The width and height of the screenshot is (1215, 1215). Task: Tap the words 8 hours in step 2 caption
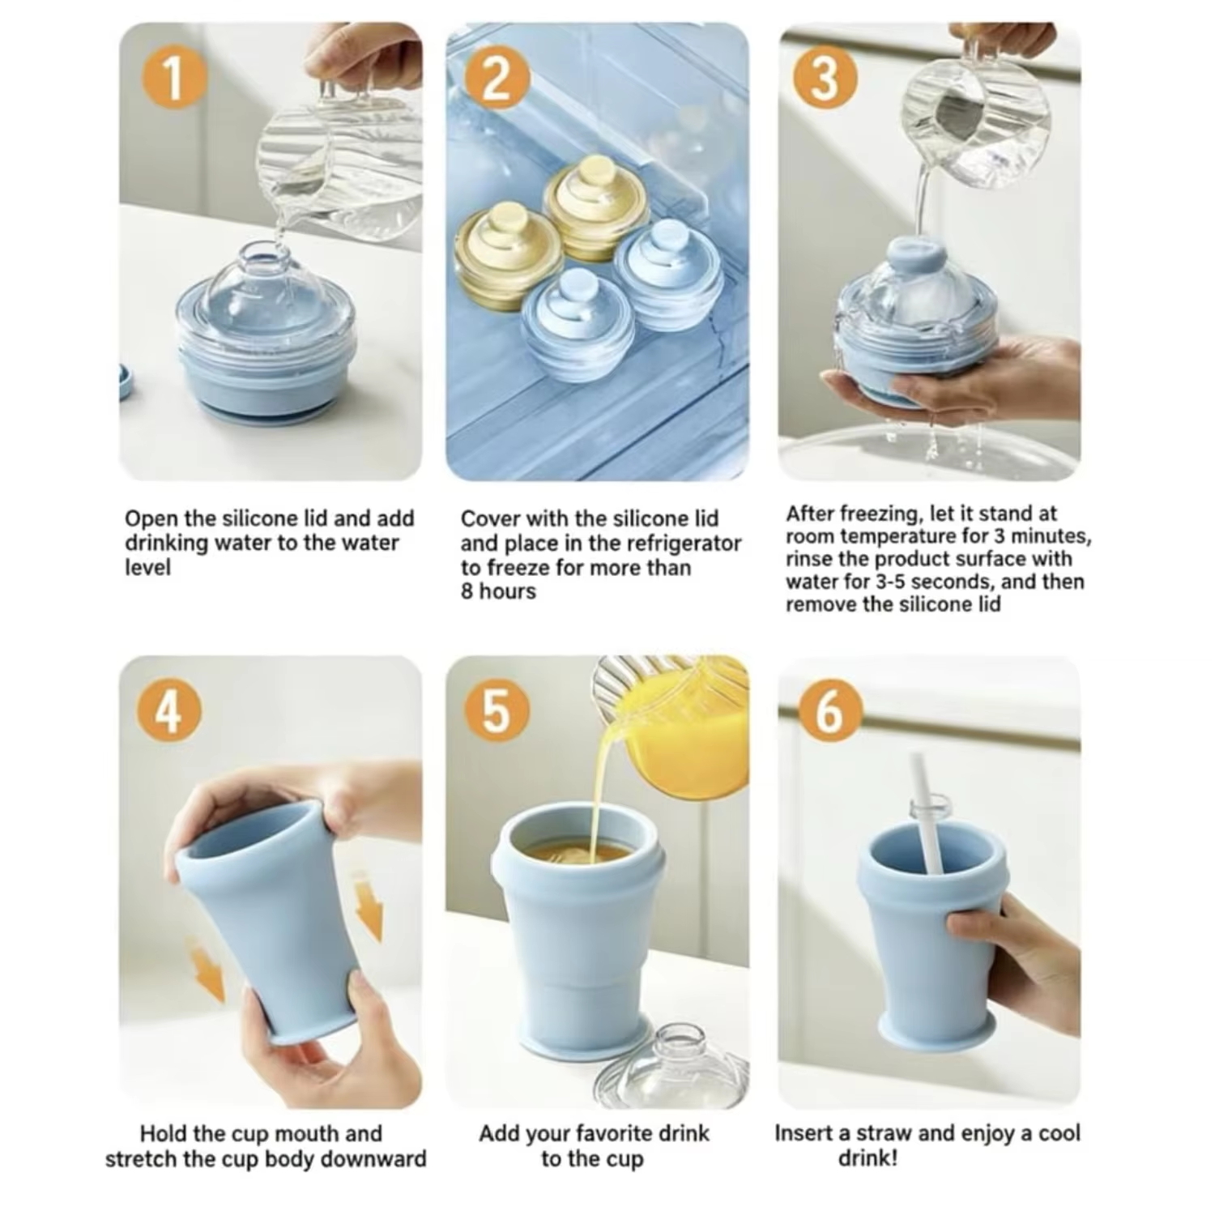(x=498, y=591)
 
